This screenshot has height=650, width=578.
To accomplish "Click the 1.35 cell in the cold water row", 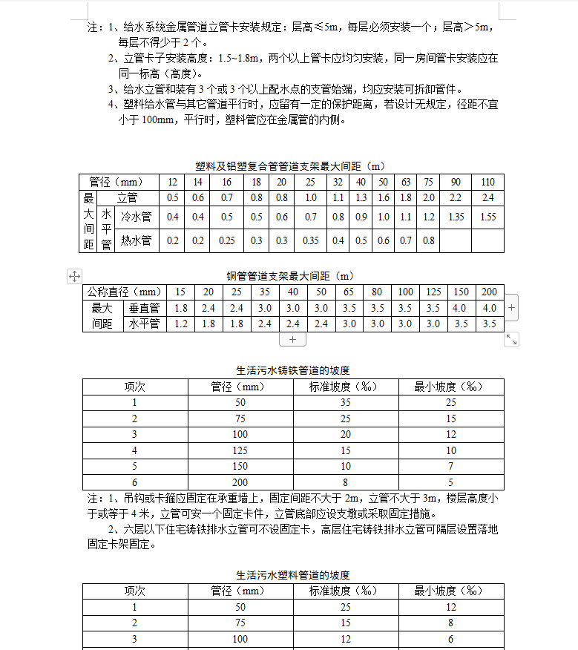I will (456, 217).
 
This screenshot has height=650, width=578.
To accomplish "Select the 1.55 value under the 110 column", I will (487, 217).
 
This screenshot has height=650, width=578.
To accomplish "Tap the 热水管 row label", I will (136, 240).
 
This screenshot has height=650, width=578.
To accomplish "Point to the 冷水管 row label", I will (136, 217).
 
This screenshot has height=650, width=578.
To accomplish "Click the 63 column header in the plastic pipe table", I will (406, 183).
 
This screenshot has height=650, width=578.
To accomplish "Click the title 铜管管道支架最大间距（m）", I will (290, 276).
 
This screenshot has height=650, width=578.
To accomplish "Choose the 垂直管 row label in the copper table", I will (144, 309).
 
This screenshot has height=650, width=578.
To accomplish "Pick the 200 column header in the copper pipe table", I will (490, 292).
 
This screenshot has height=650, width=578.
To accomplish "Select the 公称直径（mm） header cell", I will (124, 292).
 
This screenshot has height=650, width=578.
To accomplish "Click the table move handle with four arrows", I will (74, 276).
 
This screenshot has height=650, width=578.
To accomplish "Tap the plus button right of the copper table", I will (511, 306).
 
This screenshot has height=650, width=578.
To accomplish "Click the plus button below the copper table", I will (292, 339).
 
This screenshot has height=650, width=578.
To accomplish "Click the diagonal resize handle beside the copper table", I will (511, 339).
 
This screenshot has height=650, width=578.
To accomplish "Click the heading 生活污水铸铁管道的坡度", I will (292, 370).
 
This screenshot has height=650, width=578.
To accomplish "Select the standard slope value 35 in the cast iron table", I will (346, 402).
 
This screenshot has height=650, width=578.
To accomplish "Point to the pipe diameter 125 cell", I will (240, 450).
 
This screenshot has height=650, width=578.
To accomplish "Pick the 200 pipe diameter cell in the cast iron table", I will (240, 482).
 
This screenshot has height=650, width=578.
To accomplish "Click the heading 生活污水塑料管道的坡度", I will (292, 575).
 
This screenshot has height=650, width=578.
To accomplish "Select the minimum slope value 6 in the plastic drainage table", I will (450, 639).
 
